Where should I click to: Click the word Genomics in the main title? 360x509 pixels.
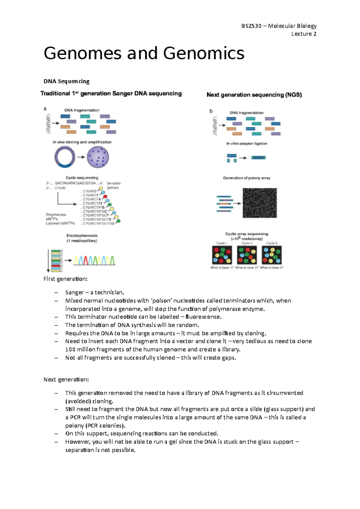click(x=204, y=54)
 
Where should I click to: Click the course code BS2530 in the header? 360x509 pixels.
click(x=251, y=26)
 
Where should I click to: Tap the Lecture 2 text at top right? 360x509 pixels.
click(x=304, y=34)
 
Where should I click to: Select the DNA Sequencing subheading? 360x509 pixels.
click(x=66, y=81)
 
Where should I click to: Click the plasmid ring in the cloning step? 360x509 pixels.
click(x=65, y=157)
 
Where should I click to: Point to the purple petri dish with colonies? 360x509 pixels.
click(x=98, y=157)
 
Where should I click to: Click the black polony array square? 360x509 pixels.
click(x=259, y=203)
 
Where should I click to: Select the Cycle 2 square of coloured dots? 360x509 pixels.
click(x=247, y=255)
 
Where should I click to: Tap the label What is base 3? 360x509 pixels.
click(x=271, y=268)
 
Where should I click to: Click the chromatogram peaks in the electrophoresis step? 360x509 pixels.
click(x=94, y=260)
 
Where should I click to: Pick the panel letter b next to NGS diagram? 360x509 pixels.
click(x=211, y=111)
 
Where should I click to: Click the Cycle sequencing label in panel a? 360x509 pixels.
click(x=82, y=178)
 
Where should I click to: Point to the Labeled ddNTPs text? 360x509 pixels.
click(x=60, y=223)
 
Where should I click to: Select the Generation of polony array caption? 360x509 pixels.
click(x=247, y=178)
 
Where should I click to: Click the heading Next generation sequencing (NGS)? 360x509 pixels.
click(x=254, y=95)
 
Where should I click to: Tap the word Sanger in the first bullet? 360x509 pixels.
click(x=74, y=292)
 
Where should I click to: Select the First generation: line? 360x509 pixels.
click(x=65, y=279)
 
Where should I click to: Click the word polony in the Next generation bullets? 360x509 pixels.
click(x=74, y=426)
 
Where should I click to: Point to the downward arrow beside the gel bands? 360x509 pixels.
click(x=48, y=260)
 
